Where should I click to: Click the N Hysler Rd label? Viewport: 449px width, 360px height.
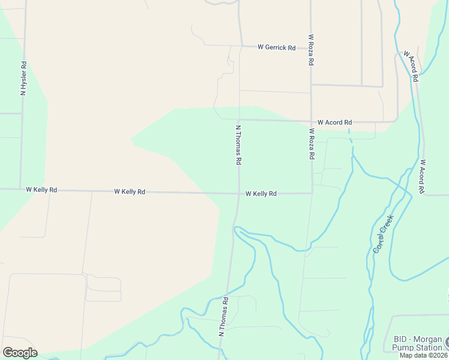23,78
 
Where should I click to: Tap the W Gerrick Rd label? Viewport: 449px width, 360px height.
276,47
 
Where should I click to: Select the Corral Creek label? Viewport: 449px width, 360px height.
382,233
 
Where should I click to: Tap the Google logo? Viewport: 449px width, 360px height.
20,353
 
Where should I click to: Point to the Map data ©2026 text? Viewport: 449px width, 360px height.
424,355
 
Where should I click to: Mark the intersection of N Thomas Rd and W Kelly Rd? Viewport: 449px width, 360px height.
239,193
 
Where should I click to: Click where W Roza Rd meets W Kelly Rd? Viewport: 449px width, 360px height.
312,193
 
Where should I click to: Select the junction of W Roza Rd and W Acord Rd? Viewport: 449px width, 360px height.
311,121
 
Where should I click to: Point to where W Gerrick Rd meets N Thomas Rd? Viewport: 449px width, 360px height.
240,46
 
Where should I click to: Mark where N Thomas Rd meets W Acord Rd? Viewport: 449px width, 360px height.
239,120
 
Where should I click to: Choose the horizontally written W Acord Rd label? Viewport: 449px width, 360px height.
334,122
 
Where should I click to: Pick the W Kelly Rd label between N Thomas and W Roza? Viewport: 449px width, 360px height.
261,194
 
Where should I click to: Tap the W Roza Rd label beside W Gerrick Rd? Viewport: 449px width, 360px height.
312,49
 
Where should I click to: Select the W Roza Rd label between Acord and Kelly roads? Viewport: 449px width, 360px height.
312,143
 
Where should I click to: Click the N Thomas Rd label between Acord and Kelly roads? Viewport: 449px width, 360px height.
238,145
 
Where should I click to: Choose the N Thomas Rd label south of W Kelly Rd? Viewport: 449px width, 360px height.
223,316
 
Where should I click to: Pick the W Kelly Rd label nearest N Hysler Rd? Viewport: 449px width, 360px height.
41,190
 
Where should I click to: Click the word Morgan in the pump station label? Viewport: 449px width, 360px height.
429,339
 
